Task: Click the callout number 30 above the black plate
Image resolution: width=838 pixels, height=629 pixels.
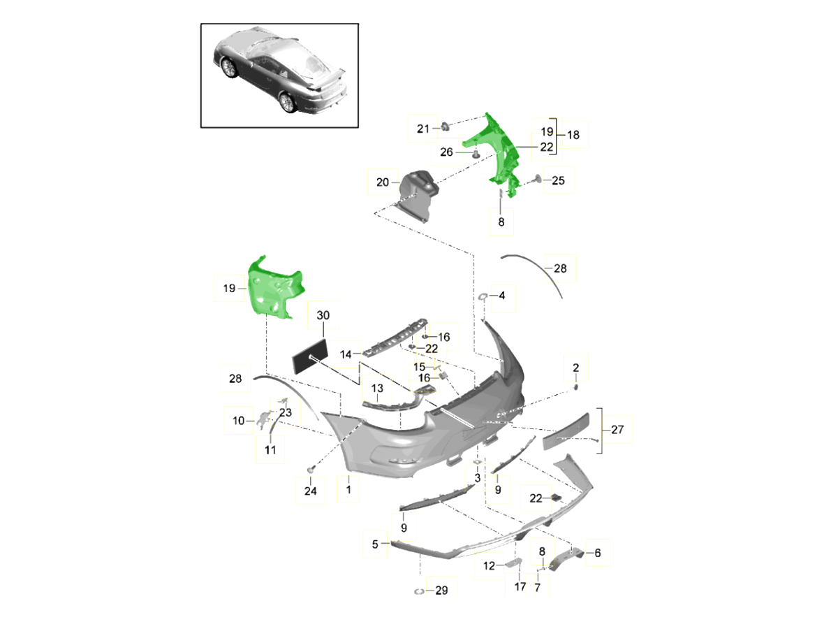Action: click(x=323, y=315)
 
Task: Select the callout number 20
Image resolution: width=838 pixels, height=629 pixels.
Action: click(x=382, y=183)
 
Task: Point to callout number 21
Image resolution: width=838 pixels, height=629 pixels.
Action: click(x=422, y=129)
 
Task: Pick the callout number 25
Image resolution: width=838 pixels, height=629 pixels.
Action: click(x=558, y=181)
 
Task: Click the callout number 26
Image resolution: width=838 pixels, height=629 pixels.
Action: click(x=447, y=152)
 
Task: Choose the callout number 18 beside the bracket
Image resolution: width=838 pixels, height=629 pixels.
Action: click(x=573, y=135)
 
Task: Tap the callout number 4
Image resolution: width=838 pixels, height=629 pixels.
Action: click(x=501, y=296)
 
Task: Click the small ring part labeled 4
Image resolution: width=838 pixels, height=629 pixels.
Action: click(x=482, y=298)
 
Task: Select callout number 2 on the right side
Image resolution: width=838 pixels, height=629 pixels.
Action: click(x=575, y=368)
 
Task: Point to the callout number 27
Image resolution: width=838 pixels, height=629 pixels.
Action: click(x=617, y=430)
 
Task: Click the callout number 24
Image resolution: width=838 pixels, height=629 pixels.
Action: click(x=310, y=492)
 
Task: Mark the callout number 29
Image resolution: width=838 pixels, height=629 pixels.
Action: click(x=441, y=591)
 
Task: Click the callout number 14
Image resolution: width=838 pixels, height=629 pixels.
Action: click(x=346, y=354)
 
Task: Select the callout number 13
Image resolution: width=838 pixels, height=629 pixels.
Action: click(x=377, y=389)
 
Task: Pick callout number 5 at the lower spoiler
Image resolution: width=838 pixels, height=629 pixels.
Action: click(x=375, y=544)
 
